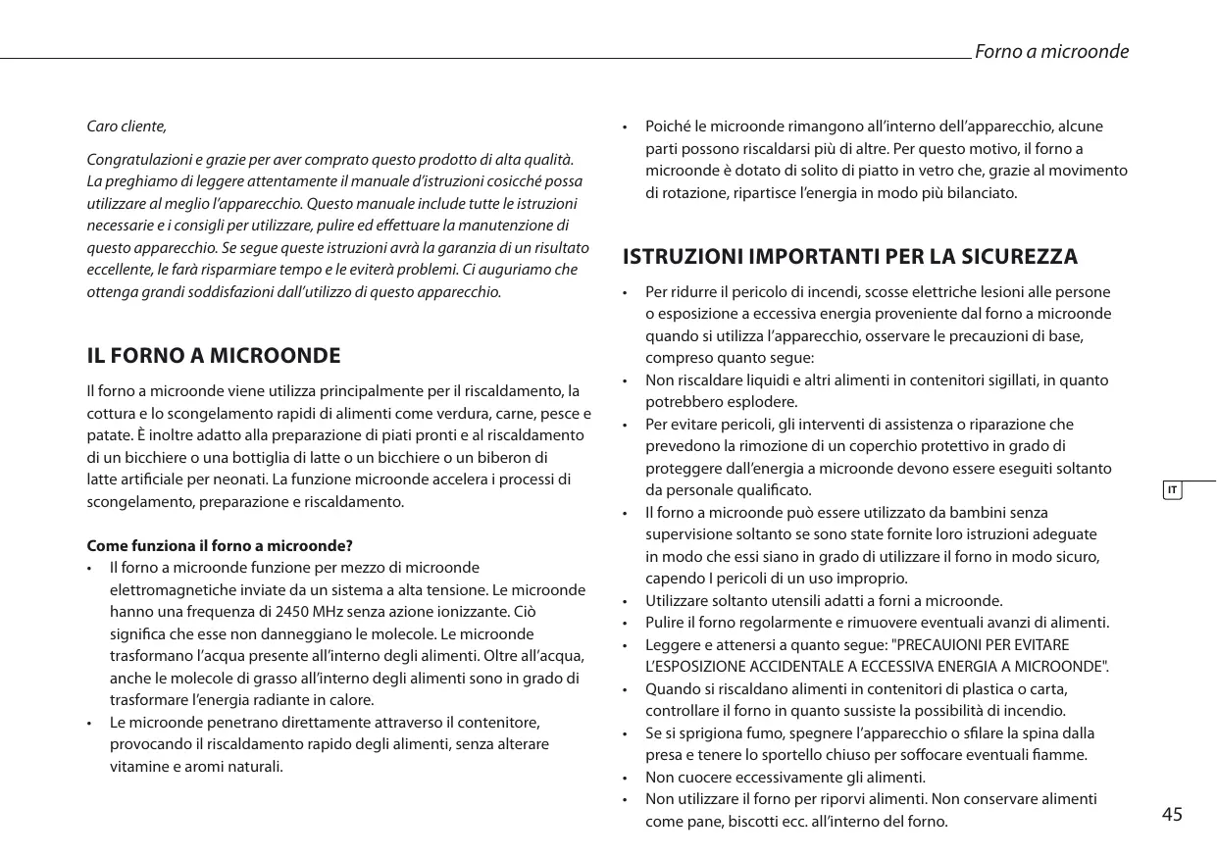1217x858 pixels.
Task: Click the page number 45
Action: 1172,814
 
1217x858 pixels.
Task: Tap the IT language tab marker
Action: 1172,488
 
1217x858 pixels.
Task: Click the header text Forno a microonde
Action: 1050,51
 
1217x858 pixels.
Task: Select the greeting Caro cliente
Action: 127,126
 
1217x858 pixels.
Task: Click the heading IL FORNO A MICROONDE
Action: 214,355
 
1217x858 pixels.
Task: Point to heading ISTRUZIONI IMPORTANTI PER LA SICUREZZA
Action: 850,257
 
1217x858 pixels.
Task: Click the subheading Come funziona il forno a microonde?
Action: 220,545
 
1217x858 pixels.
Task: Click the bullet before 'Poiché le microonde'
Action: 625,128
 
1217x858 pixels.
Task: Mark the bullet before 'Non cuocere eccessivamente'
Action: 625,779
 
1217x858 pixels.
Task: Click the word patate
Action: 109,434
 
